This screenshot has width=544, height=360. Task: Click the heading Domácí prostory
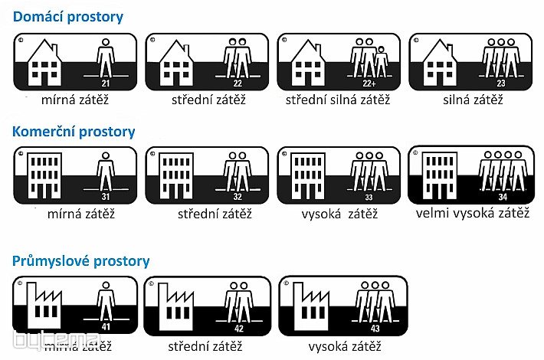(68, 16)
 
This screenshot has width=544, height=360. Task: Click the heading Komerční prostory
(74, 131)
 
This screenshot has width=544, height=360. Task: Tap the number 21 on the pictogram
(107, 82)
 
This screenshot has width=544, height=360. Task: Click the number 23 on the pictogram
(500, 82)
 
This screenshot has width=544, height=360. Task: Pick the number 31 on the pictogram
(107, 197)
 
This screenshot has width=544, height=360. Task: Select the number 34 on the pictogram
(503, 197)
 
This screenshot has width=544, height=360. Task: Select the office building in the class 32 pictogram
(178, 175)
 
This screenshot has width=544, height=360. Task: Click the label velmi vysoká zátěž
(473, 213)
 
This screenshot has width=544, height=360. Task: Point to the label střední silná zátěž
(338, 100)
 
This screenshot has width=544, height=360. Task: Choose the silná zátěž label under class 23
(473, 100)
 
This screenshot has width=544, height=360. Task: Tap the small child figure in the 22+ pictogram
(381, 61)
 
